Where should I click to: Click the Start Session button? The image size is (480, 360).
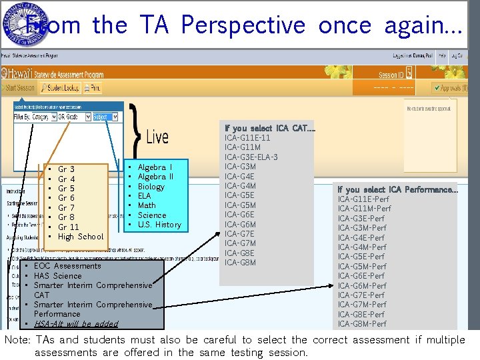[19, 87]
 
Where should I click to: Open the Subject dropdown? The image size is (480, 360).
[105, 117]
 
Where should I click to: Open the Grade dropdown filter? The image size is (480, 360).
[71, 117]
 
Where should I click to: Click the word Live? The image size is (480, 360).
[157, 137]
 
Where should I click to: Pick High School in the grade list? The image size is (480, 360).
[81, 237]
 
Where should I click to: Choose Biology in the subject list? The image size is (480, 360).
[151, 187]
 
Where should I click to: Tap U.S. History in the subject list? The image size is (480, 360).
[159, 225]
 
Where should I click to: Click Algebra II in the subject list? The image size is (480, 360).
[155, 177]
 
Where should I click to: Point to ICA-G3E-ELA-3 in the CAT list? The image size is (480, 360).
[251, 157]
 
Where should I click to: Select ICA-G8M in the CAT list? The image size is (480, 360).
[240, 263]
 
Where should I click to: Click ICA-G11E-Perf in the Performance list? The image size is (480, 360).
[363, 199]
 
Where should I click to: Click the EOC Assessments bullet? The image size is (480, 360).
[67, 266]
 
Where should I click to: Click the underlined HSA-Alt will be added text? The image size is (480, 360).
[75, 324]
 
